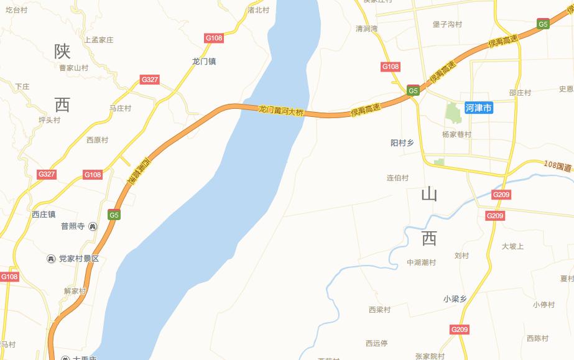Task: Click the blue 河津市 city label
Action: (x=479, y=108)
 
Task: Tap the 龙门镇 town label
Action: (x=204, y=62)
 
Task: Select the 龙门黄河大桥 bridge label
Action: (x=282, y=112)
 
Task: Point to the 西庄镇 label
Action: (x=44, y=215)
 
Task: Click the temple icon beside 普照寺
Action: (x=93, y=226)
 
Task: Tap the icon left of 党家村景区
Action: (x=52, y=259)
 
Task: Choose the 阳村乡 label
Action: (x=402, y=143)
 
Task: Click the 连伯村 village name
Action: (x=397, y=178)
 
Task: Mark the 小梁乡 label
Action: (x=455, y=299)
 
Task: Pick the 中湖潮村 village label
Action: (x=421, y=262)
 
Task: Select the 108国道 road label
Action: (x=557, y=166)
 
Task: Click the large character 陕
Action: (x=62, y=52)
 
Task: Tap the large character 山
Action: (x=429, y=194)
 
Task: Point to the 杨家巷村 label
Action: (x=456, y=134)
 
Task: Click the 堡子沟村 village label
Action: (x=447, y=24)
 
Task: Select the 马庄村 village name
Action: (x=120, y=108)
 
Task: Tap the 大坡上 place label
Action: (x=512, y=246)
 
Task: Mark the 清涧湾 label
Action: (x=366, y=29)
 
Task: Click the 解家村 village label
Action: (x=75, y=291)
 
